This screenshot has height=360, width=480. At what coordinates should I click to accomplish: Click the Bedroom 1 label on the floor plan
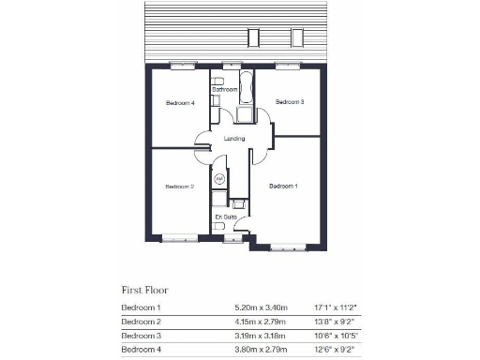[283, 187]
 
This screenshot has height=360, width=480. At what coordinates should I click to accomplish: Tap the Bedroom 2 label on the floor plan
[179, 187]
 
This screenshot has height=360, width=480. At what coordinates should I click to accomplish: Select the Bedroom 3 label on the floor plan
[290, 101]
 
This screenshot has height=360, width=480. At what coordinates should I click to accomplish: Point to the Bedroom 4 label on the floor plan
[180, 102]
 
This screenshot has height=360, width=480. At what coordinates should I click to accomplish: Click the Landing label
[234, 140]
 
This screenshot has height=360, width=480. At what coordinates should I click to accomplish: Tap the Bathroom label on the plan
[224, 89]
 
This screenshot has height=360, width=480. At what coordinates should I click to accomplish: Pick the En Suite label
[225, 217]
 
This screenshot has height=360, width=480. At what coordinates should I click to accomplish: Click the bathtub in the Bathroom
[247, 88]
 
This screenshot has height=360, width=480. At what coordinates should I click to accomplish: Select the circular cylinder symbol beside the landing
[219, 178]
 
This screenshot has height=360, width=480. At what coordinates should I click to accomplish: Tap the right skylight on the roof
[298, 37]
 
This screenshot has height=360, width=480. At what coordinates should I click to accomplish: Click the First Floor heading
[145, 290]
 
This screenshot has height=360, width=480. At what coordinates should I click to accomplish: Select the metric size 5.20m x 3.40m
[262, 307]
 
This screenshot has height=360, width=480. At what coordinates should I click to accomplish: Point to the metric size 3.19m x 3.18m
[262, 336]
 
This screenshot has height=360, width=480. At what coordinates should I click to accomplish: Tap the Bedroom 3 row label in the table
[141, 336]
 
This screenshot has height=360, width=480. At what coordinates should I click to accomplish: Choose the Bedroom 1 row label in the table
[141, 307]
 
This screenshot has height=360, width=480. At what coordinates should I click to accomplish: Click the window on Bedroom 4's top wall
[183, 66]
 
